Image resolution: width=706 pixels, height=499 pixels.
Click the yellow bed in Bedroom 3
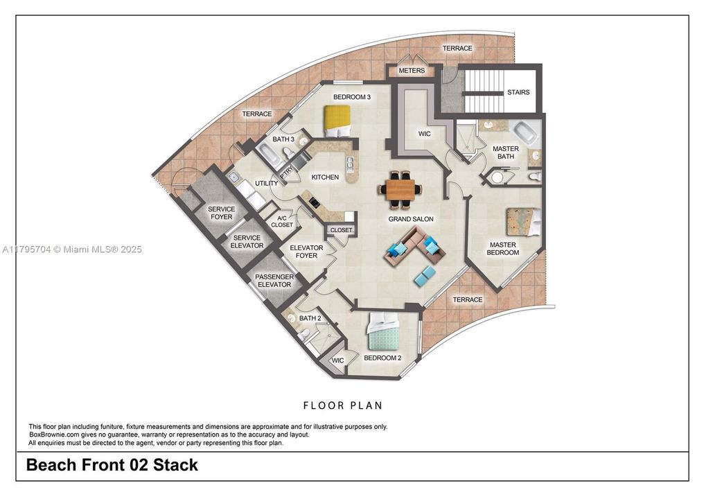(337, 121)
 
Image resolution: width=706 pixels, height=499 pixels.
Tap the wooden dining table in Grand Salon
(400, 190)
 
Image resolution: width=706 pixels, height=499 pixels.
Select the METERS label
(412, 71)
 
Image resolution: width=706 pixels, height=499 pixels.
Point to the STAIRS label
(518, 92)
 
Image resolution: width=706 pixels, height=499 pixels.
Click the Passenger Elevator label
(274, 281)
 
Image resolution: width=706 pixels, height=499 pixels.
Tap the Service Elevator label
(247, 241)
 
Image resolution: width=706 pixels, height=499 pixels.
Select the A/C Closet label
(282, 221)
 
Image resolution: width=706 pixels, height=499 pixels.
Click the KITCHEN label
(325, 177)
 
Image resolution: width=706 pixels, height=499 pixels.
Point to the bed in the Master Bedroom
(522, 221)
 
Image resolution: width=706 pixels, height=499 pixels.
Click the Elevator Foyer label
(306, 252)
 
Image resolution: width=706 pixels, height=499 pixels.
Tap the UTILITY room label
(267, 183)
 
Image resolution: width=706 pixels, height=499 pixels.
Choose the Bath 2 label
(310, 318)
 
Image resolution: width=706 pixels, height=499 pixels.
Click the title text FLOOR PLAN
(343, 405)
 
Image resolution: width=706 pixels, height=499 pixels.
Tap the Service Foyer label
(221, 213)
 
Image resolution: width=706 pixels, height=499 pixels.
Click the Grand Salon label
(411, 219)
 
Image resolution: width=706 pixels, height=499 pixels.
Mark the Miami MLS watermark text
(72, 249)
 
